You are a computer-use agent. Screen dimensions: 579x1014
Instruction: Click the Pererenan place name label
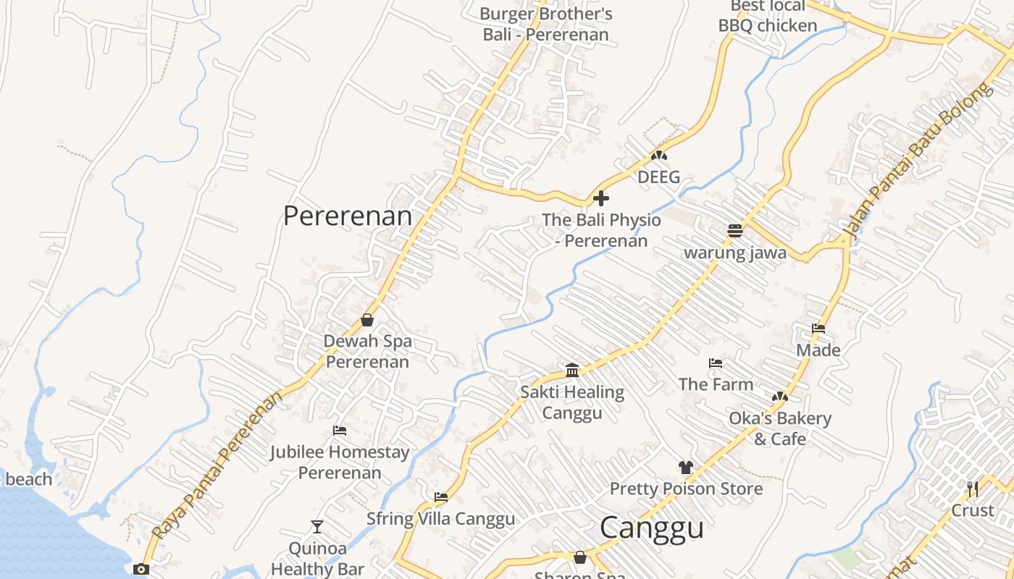(x=347, y=216)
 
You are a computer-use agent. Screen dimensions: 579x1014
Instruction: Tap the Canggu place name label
(x=651, y=528)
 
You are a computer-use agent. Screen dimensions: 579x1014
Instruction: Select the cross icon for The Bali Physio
(x=600, y=198)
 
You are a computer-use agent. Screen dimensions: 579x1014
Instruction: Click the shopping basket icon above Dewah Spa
(x=367, y=320)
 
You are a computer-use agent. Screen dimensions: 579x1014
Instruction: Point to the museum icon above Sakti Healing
(x=572, y=371)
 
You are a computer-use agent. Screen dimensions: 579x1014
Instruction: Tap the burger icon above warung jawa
(x=735, y=231)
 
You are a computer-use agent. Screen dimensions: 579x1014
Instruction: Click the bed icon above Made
(x=818, y=329)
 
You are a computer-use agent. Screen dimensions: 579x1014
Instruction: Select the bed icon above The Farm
(x=716, y=363)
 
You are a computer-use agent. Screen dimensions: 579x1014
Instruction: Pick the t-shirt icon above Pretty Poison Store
(x=686, y=468)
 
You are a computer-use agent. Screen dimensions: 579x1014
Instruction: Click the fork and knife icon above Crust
(x=973, y=489)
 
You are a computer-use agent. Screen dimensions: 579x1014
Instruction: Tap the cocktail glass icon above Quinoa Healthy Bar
(x=317, y=527)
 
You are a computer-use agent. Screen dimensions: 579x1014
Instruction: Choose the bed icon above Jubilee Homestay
(x=340, y=431)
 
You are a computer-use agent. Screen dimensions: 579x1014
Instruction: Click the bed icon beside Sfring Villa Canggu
(x=441, y=497)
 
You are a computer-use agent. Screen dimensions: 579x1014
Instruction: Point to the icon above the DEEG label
(x=658, y=156)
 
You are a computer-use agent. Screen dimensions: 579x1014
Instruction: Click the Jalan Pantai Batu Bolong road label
(x=916, y=161)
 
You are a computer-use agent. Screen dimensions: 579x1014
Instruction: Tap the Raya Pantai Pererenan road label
(x=218, y=467)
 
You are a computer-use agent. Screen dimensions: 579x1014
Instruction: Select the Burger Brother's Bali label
(x=546, y=24)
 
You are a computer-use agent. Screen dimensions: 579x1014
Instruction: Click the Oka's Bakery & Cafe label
(x=780, y=428)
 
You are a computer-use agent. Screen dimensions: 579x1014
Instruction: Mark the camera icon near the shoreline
(x=141, y=569)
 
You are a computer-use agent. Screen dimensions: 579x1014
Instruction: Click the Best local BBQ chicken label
(x=768, y=16)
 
